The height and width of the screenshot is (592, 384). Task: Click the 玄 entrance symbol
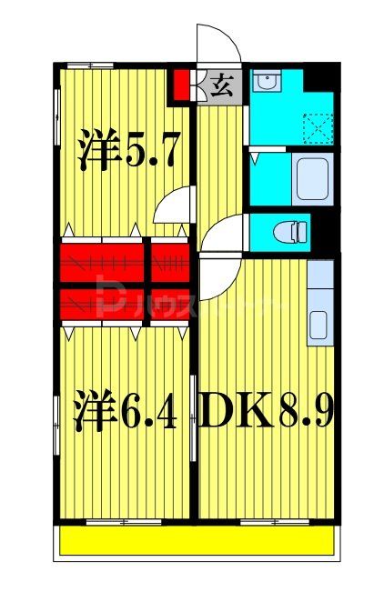(221, 87)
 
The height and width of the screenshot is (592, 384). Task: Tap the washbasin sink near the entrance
(266, 84)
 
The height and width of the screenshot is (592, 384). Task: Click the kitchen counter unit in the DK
(319, 305)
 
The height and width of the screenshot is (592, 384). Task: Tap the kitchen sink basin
(319, 325)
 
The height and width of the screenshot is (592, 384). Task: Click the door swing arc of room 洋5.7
(174, 206)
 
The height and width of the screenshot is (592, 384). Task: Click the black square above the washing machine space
(318, 78)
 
